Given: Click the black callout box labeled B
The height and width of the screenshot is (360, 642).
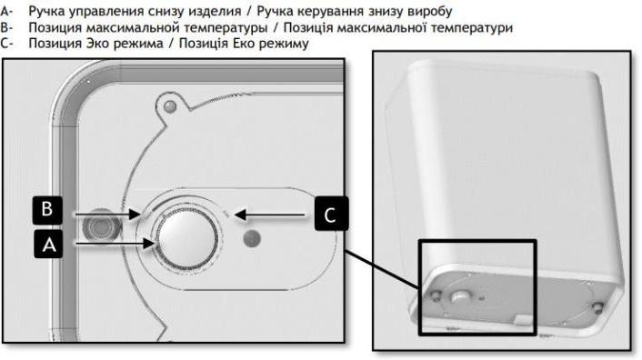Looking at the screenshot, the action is coord(47,210).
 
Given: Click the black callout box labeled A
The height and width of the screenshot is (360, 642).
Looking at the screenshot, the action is coord(48,245).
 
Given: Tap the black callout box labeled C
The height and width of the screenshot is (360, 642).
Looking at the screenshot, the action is coord(331,214).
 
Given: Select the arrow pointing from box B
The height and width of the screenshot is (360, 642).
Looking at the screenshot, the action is coord(107,214).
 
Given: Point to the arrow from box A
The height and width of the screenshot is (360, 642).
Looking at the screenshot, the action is coord(115,244).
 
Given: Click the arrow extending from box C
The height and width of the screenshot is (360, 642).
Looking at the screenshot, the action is coord(270,215).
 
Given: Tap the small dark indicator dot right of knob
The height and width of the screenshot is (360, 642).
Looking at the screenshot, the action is coord(252,238).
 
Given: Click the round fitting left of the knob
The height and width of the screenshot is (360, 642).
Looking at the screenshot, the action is coord(102,225).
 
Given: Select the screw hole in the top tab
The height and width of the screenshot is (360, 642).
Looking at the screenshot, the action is coord(170,107).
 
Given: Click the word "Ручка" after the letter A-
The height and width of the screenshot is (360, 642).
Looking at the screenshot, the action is coord(45,12).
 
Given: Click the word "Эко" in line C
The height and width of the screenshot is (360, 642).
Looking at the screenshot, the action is coord(97,44).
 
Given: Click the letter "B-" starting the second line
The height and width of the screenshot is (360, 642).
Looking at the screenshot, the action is coord(6,28).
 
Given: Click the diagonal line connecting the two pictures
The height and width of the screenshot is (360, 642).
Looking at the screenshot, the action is coord(383,270).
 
